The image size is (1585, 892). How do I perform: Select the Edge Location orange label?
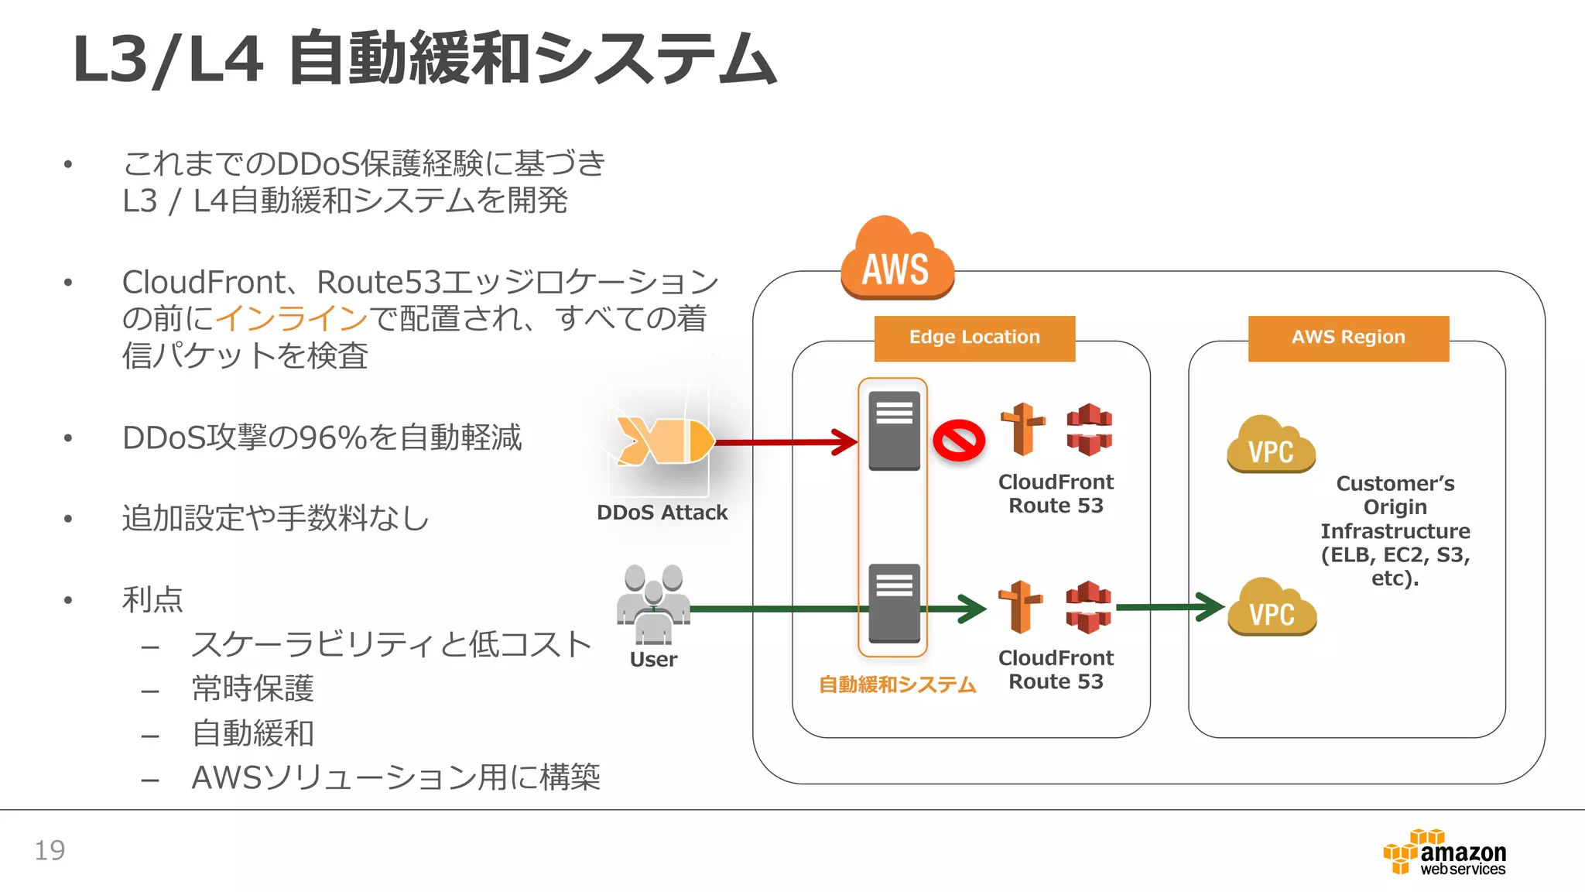[x=974, y=338]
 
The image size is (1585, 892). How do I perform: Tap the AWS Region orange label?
[x=1348, y=338]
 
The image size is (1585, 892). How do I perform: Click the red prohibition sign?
[x=958, y=441]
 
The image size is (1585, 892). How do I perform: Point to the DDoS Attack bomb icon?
[x=664, y=441]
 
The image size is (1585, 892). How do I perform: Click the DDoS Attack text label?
[x=662, y=513]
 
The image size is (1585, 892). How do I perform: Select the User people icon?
[x=653, y=604]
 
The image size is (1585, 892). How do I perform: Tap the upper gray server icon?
[x=894, y=431]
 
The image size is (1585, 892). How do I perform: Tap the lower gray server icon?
[x=894, y=603]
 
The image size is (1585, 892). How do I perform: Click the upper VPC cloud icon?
[x=1271, y=445]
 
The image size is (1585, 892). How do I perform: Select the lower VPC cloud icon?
[x=1272, y=608]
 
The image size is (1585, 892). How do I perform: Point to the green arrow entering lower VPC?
[x=1169, y=607]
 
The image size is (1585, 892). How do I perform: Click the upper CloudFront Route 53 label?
[x=1056, y=493]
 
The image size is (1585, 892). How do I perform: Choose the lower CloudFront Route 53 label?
[x=1056, y=669]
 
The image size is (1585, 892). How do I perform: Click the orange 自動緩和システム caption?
[x=897, y=684]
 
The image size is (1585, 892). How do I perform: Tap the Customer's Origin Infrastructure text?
[x=1395, y=530]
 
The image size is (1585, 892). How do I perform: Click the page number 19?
[x=50, y=850]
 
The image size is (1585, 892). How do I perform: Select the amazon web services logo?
[x=1445, y=853]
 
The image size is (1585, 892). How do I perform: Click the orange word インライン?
[x=291, y=318]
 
